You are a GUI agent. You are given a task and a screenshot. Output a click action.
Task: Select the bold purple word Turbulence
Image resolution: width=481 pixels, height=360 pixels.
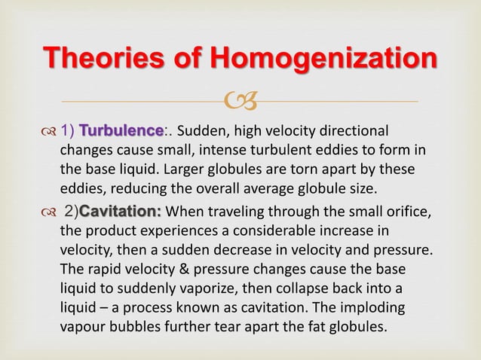(122, 130)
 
